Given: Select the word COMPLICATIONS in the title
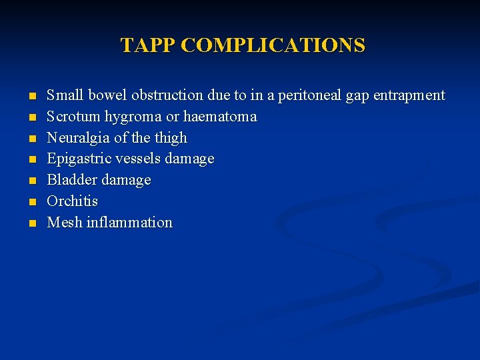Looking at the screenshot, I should point(273,45).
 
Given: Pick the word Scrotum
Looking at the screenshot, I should point(69,117).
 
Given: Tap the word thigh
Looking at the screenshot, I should point(171,138).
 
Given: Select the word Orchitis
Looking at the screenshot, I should point(72,201).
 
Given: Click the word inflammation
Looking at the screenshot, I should point(129,223).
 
